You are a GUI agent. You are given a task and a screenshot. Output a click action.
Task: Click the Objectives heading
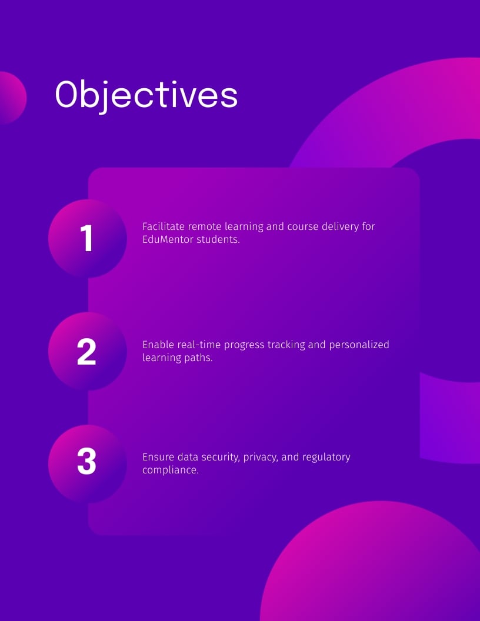146,95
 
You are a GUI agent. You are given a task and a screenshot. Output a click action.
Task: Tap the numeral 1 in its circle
86,238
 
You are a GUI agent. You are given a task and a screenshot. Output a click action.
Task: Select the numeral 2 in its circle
86,351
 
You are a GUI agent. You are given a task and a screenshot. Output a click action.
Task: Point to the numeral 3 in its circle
86,461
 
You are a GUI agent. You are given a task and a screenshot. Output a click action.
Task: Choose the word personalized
359,345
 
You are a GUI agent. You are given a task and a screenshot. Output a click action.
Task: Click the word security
220,457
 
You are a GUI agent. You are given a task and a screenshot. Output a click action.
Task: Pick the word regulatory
326,457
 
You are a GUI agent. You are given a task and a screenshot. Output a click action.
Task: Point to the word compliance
171,470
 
